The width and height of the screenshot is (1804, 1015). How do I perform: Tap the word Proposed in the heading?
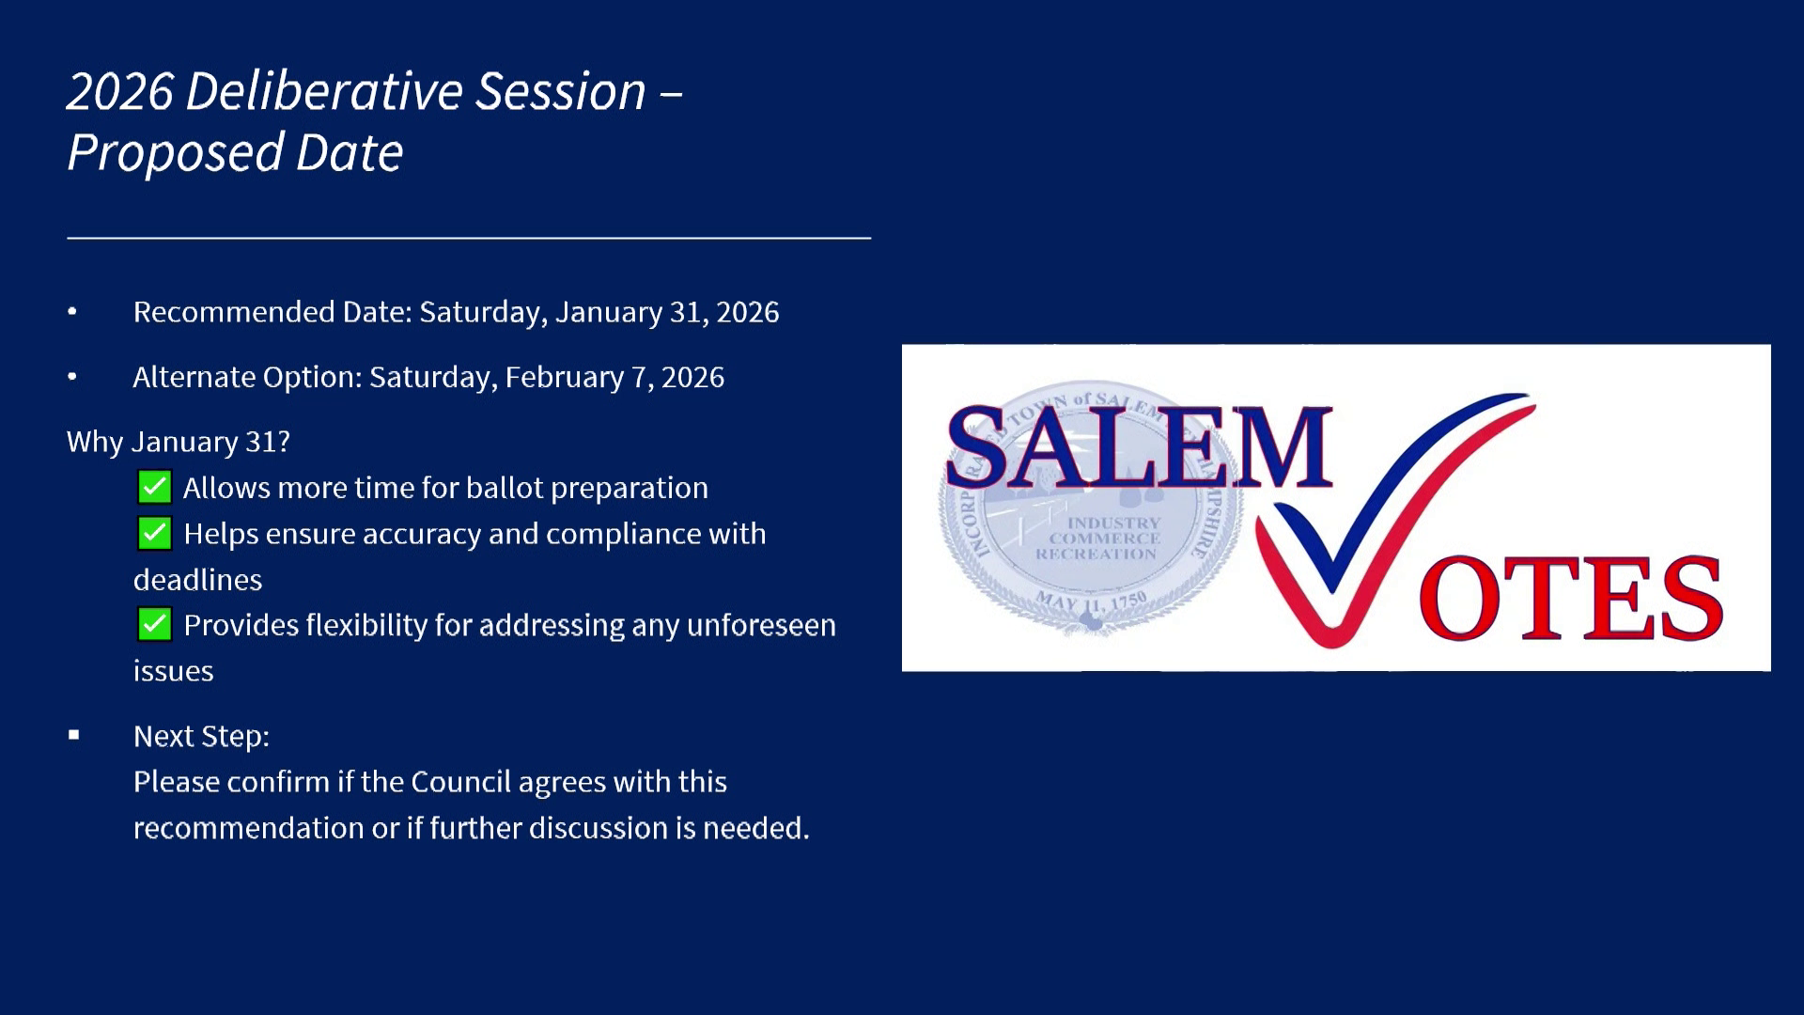coord(176,153)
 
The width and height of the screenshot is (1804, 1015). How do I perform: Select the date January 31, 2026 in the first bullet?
coord(667,312)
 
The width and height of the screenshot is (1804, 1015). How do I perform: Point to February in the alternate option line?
coord(565,378)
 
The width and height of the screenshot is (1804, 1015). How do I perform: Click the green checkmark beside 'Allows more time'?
coord(154,487)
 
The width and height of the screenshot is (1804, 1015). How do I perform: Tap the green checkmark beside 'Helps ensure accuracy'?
coord(154,533)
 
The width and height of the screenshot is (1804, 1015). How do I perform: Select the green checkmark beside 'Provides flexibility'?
coord(154,624)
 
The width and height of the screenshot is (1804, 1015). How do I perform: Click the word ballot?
coord(505,488)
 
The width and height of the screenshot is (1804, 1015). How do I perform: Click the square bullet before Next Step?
coord(73,735)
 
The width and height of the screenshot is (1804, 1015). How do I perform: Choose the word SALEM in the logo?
coord(1140,448)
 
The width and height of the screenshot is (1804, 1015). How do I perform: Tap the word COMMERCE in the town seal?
coord(1105,539)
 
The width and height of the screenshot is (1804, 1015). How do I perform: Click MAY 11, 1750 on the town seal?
coord(1092,601)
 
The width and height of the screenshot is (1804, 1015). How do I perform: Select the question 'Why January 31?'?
coord(179,442)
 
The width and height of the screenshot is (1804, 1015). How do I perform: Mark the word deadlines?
coord(197,580)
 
